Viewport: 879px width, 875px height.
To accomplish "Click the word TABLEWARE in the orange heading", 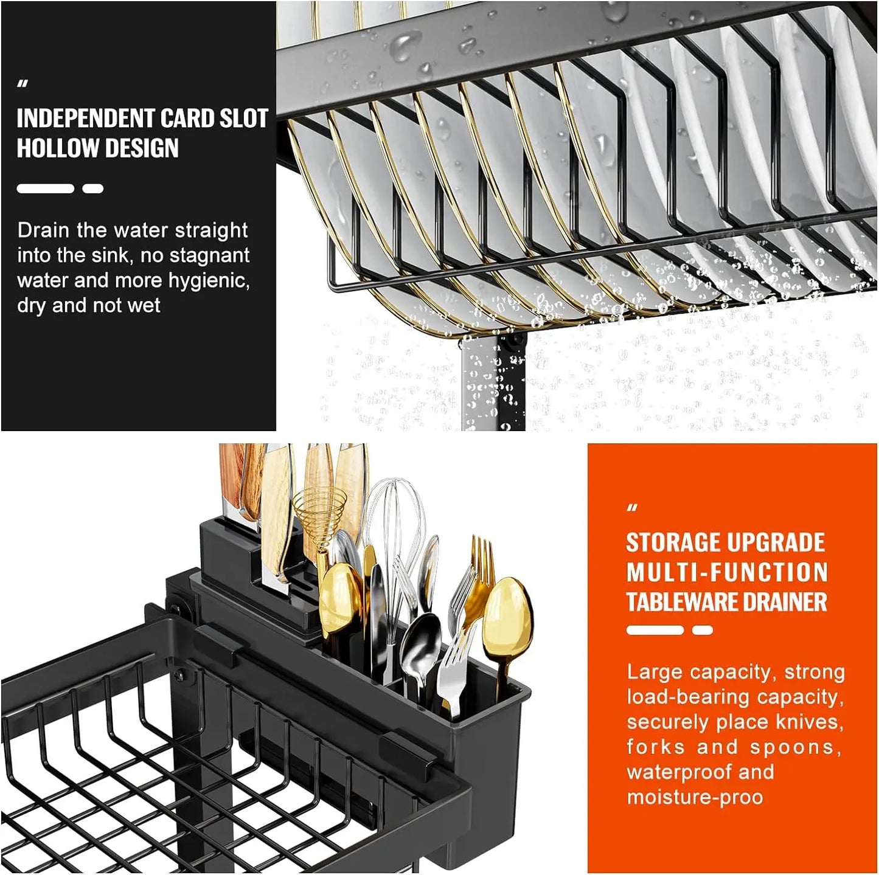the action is [x=685, y=602].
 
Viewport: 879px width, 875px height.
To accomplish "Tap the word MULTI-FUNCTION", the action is [x=727, y=572].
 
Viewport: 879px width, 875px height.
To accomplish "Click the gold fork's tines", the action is [x=482, y=555].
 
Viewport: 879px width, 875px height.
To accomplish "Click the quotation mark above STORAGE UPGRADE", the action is [x=633, y=508].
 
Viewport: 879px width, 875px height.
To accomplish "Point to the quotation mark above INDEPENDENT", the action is [x=23, y=85].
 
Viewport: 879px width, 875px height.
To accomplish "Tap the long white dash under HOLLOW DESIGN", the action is [x=45, y=188].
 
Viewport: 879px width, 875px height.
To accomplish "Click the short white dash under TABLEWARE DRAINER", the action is [x=702, y=631].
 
